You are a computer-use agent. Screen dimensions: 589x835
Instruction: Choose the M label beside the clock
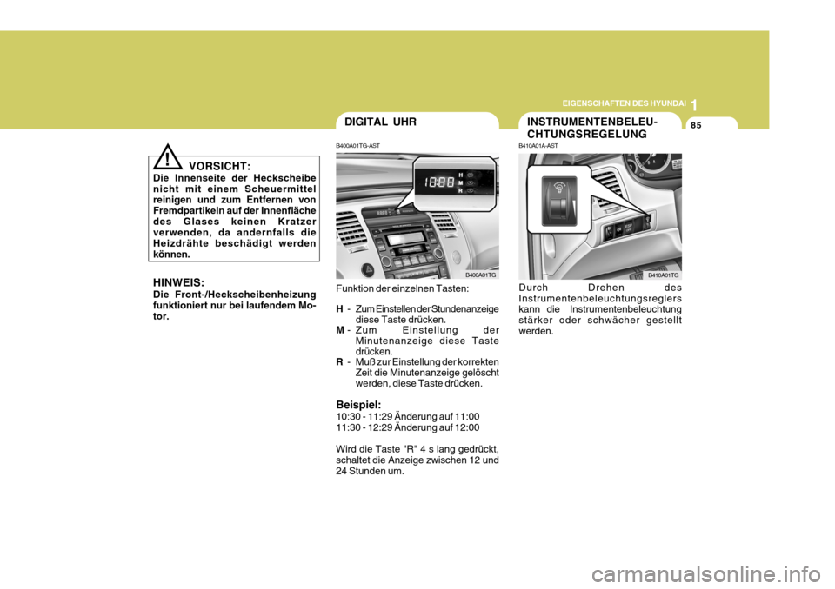(460, 182)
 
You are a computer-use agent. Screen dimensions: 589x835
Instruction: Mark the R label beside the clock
(460, 192)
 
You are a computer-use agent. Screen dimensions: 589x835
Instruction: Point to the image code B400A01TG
(480, 275)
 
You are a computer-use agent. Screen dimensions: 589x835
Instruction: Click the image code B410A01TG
(663, 275)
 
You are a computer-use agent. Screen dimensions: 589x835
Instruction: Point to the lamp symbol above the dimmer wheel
(555, 188)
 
